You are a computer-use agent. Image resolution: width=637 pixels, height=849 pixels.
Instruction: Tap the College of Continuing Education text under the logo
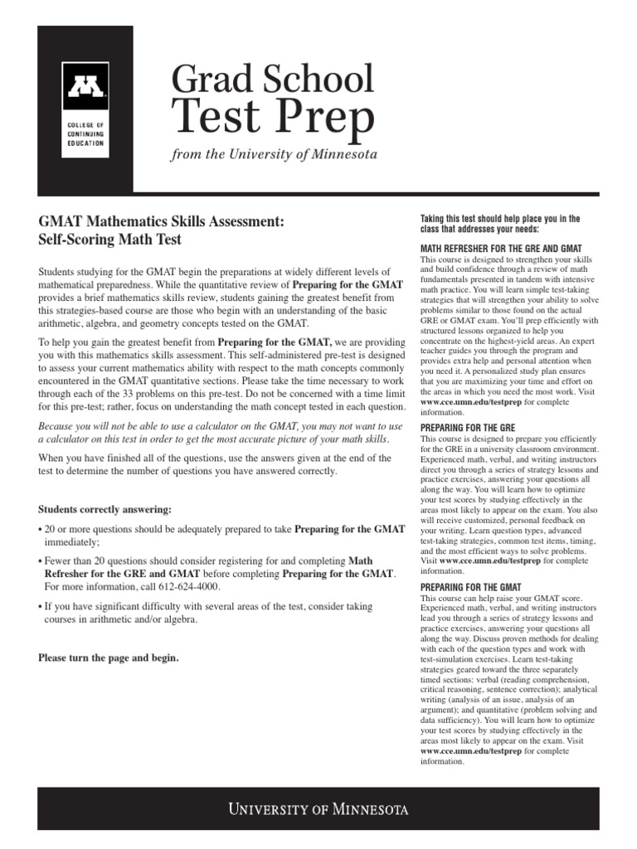click(85, 133)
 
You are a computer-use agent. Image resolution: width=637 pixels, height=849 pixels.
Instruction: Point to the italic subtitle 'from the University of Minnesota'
click(274, 154)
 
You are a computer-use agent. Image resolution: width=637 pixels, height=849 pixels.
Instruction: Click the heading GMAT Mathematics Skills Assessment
click(162, 222)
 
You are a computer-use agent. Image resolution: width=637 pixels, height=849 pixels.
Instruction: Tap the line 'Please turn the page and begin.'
click(109, 658)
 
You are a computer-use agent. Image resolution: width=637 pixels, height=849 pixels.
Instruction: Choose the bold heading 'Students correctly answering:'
click(101, 508)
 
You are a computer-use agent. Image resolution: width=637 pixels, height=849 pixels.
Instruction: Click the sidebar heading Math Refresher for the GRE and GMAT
click(502, 248)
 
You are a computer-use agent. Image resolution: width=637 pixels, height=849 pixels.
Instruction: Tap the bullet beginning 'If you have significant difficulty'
click(207, 607)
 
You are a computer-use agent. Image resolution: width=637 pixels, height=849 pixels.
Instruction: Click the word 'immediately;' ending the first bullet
click(71, 542)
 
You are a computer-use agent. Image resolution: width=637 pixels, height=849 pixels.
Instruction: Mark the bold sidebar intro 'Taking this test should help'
click(500, 219)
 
